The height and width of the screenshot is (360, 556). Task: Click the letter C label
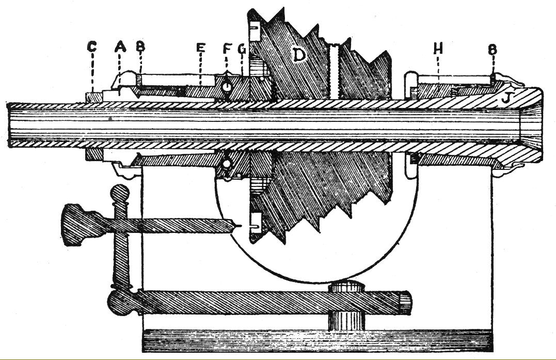tap(92, 47)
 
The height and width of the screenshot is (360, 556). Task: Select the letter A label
tap(120, 47)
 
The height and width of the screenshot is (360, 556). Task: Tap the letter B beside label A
tap(140, 47)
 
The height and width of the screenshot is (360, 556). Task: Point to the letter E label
tap(201, 49)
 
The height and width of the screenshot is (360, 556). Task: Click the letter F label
tap(227, 49)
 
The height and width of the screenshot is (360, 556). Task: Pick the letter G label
tap(243, 49)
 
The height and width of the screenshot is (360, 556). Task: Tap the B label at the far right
tap(493, 50)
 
